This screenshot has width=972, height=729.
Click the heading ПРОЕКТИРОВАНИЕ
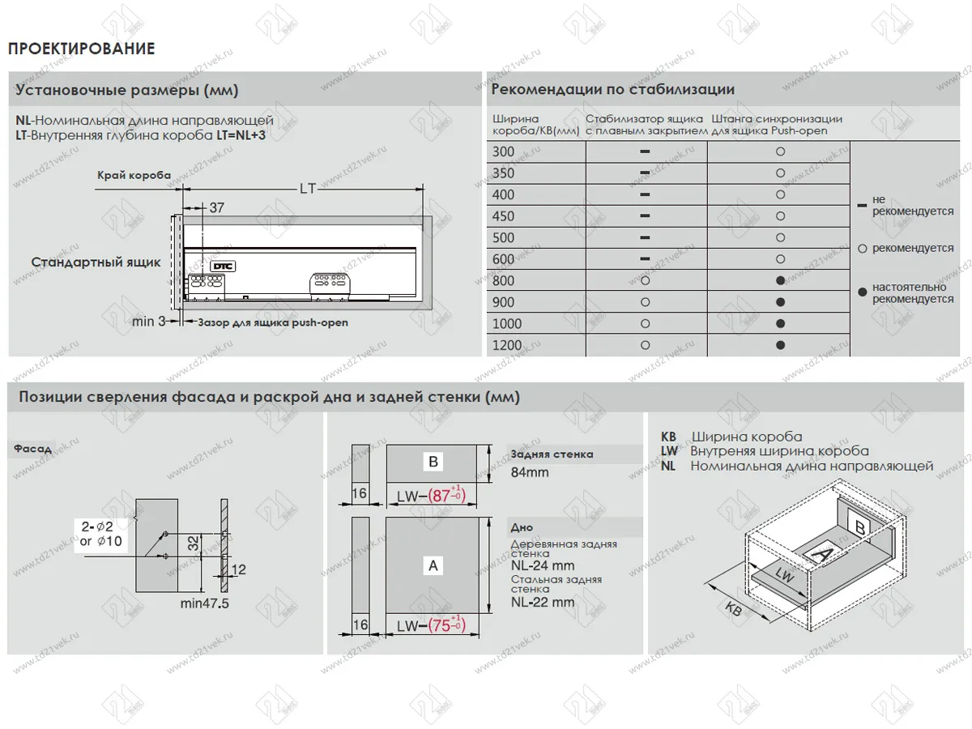pos(81,49)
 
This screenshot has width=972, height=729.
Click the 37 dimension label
pos(216,208)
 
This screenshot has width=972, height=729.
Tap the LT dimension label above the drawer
pos(307,189)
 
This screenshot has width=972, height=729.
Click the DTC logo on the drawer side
pos(221,265)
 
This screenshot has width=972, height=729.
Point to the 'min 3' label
pos(149,322)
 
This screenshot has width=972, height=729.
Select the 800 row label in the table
pos(503,281)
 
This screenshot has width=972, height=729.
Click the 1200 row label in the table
pos(506,346)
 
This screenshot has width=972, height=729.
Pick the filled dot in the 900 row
pos(779,302)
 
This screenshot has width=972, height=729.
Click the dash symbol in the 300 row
pos(646,151)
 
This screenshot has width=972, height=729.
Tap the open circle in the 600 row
pos(779,259)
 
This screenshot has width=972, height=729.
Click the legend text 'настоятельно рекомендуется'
pos(912,293)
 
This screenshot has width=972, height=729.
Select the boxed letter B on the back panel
pos(433,462)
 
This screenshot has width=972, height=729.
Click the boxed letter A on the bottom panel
pos(433,565)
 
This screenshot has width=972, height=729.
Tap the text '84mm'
pos(530,472)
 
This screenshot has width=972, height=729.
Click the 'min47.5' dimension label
pos(205,603)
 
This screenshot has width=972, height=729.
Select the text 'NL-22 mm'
pos(543,602)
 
